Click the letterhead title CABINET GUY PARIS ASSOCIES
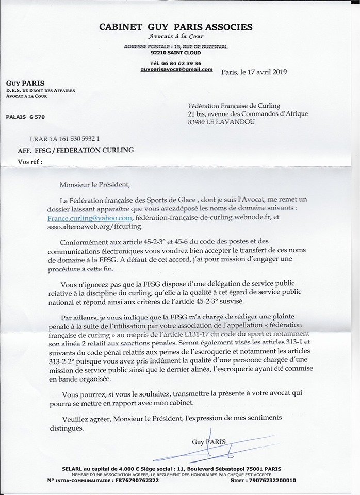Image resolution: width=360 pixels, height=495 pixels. [x=176, y=27]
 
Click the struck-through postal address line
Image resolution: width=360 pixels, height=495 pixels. [x=176, y=46]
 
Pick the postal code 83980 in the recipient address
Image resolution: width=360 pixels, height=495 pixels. [x=199, y=122]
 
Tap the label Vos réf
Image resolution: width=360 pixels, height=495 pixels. [x=29, y=161]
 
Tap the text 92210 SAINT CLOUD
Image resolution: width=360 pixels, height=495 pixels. [x=176, y=52]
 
